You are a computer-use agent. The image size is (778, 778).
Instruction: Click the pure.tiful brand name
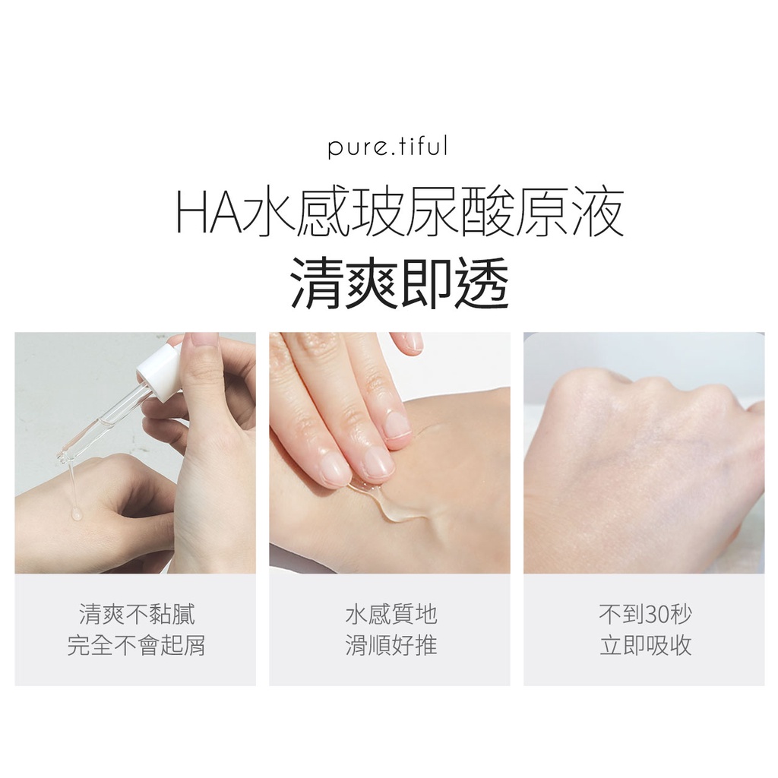[387, 147]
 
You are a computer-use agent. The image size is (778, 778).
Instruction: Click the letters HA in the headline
[209, 214]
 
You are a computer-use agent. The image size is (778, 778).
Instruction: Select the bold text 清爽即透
[399, 283]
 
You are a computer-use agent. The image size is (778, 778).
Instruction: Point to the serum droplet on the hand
[76, 514]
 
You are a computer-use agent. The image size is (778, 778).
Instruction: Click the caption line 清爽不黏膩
[137, 614]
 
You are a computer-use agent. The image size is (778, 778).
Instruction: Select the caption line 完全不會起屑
[137, 646]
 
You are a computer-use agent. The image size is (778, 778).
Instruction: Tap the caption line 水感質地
[391, 614]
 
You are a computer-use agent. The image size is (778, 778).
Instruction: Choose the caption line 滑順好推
[391, 646]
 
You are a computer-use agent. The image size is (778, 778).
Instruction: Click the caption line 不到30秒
[645, 614]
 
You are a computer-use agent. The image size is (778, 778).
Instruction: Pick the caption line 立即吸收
[645, 646]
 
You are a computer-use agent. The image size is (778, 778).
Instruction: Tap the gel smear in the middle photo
[392, 502]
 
